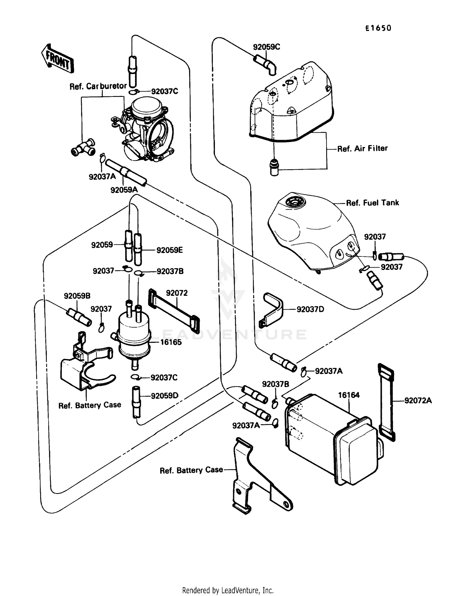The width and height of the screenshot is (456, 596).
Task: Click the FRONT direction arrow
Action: pyautogui.click(x=58, y=59)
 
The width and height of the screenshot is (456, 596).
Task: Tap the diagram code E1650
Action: pyautogui.click(x=378, y=28)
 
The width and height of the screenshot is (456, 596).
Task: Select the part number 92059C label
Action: pyautogui.click(x=266, y=47)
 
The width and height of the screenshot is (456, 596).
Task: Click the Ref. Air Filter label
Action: pyautogui.click(x=362, y=149)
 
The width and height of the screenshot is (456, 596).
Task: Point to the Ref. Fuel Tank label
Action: pyautogui.click(x=372, y=203)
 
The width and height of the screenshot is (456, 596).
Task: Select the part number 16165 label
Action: pyautogui.click(x=171, y=342)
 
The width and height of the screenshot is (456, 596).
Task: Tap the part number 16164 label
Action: pyautogui.click(x=349, y=395)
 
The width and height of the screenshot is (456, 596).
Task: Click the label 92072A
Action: pyautogui.click(x=418, y=400)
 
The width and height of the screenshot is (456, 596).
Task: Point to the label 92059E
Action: pyautogui.click(x=169, y=250)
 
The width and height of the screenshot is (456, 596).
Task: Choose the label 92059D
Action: pyautogui.click(x=164, y=396)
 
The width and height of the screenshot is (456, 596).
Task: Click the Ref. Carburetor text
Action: pyautogui.click(x=98, y=86)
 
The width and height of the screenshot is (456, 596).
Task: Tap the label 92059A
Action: pyautogui.click(x=124, y=190)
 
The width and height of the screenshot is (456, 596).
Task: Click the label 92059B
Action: pyautogui.click(x=77, y=296)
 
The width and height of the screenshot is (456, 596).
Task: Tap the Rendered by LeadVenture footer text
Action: pyautogui.click(x=228, y=590)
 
